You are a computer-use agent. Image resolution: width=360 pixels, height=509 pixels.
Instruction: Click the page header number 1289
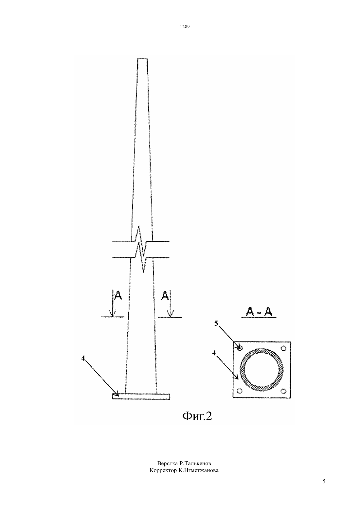coord(185,26)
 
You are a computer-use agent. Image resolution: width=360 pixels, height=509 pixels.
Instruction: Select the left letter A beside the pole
coord(118,295)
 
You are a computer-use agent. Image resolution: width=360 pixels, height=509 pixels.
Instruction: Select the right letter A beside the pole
coord(165,295)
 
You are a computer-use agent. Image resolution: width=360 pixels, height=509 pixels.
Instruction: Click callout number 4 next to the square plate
coord(214,353)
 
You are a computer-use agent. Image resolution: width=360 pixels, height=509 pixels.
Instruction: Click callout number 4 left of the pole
coord(83,358)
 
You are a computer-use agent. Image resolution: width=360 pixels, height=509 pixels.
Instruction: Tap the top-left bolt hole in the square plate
coord(240,348)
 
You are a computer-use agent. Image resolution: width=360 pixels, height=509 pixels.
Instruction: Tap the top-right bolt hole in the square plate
coord(283,348)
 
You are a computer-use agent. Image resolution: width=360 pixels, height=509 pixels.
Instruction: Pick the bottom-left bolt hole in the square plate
coord(240,391)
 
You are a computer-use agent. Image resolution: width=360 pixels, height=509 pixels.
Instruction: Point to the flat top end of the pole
coord(142,59)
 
